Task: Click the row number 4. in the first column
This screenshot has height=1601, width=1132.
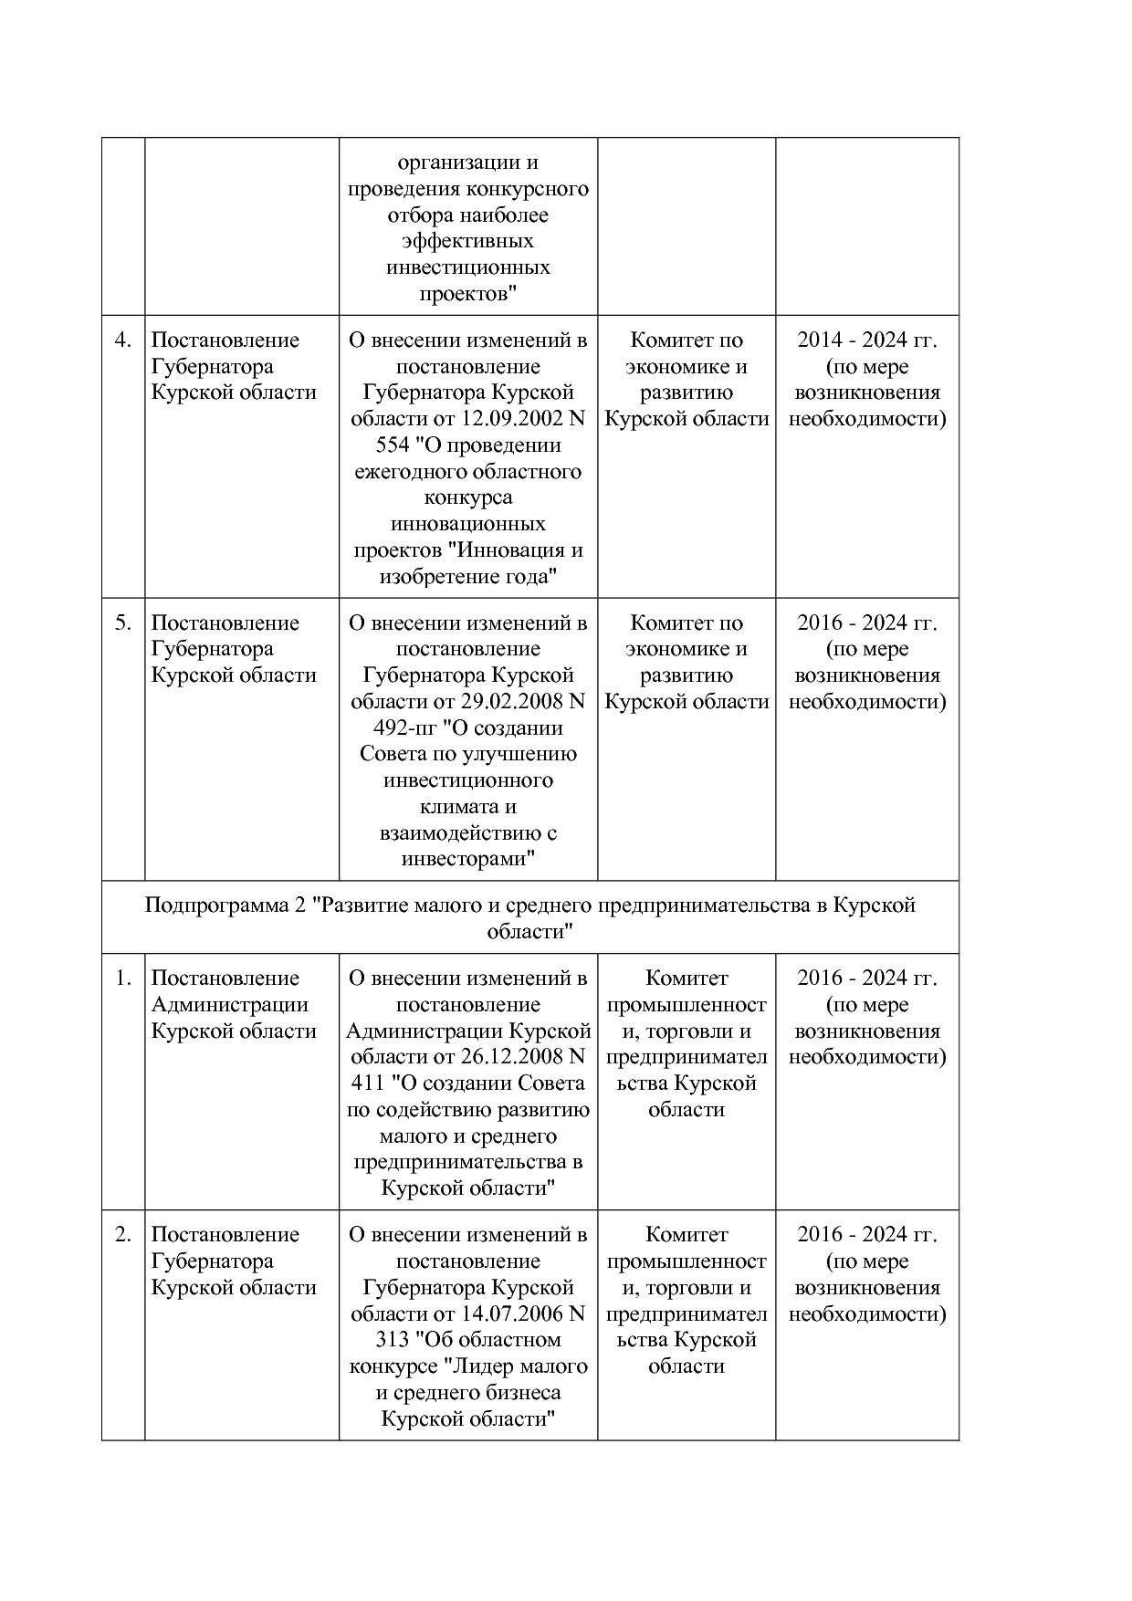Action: click(x=122, y=340)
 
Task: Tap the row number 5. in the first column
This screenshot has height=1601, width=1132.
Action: click(x=122, y=623)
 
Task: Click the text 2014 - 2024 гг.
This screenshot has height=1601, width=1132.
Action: click(x=866, y=340)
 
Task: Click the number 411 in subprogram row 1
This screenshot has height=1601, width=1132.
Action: click(x=368, y=1083)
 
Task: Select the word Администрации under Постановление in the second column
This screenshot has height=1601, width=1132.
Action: click(x=229, y=1005)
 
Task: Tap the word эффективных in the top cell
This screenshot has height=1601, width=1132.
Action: click(x=467, y=242)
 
